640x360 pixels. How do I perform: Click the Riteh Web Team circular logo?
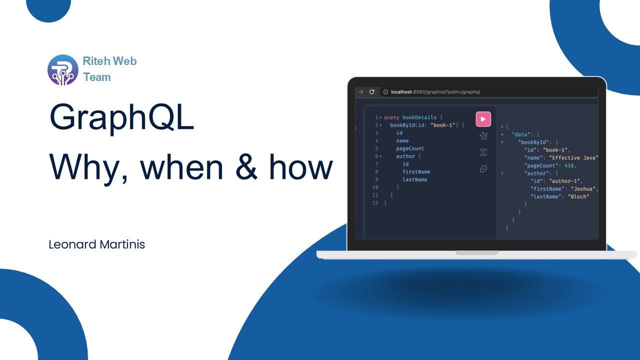[x=63, y=69]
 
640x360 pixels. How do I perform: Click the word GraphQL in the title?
[x=121, y=117]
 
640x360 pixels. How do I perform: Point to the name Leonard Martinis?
[x=96, y=244]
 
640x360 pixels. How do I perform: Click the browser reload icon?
[x=371, y=92]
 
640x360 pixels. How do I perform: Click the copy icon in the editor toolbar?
[x=483, y=169]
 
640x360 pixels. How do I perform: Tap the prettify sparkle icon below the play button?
[x=483, y=136]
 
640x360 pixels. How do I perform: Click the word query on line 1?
[x=391, y=117]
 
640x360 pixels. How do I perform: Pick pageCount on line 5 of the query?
[x=410, y=148]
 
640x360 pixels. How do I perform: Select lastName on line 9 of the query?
[x=414, y=179]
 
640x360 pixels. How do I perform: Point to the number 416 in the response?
[x=568, y=165]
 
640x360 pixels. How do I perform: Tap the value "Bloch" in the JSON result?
[x=578, y=196]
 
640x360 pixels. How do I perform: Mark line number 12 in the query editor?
[x=375, y=203]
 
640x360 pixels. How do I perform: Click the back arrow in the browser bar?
[x=360, y=92]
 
